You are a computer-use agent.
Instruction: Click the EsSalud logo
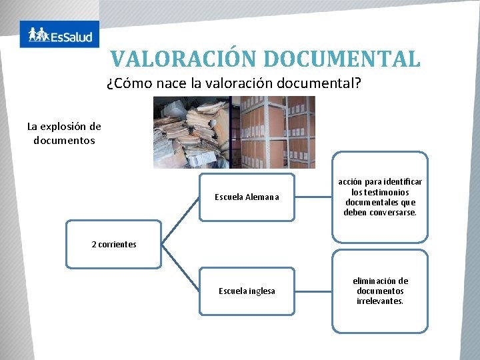point(59,34)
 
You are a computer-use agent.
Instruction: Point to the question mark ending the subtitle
point(357,83)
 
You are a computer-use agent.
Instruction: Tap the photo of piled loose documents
point(191,132)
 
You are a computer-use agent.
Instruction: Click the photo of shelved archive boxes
point(273,132)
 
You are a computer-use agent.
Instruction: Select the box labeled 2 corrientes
point(113,244)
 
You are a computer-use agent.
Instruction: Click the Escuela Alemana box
point(247,197)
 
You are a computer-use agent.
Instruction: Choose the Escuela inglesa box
point(247,291)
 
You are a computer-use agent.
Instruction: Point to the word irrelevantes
point(380,301)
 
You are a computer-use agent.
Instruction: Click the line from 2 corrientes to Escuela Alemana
point(180,221)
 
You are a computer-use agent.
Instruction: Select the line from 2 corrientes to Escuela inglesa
point(180,268)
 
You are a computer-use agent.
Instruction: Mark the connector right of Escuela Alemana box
point(313,197)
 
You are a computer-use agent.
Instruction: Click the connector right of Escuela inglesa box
point(313,291)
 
